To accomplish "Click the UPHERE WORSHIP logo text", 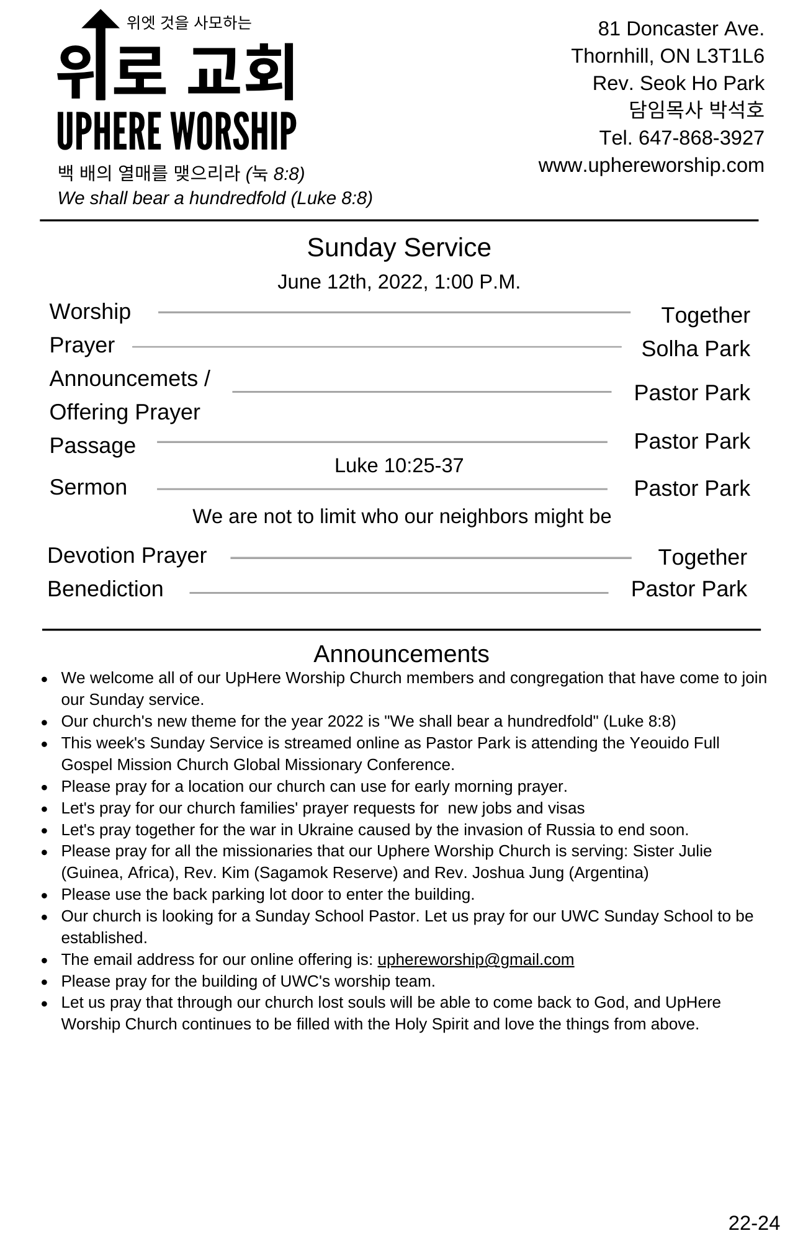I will point(176,131).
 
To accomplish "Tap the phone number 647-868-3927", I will point(701,138).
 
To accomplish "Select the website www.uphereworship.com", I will point(651,166).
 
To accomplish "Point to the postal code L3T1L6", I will point(730,56).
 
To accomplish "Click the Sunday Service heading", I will point(398,248).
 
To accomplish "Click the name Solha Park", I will point(695,349).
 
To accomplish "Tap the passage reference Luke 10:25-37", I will point(398,465).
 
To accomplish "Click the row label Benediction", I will point(105,589).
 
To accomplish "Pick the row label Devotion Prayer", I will point(127,555).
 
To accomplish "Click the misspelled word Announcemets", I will point(123,379).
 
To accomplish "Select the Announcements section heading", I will point(401,654).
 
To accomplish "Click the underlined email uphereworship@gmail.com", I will point(475,959).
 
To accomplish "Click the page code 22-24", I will point(753,1223).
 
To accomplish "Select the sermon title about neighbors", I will point(401,516).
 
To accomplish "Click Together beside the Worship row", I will point(705,315).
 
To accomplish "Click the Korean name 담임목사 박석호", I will point(696,110).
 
